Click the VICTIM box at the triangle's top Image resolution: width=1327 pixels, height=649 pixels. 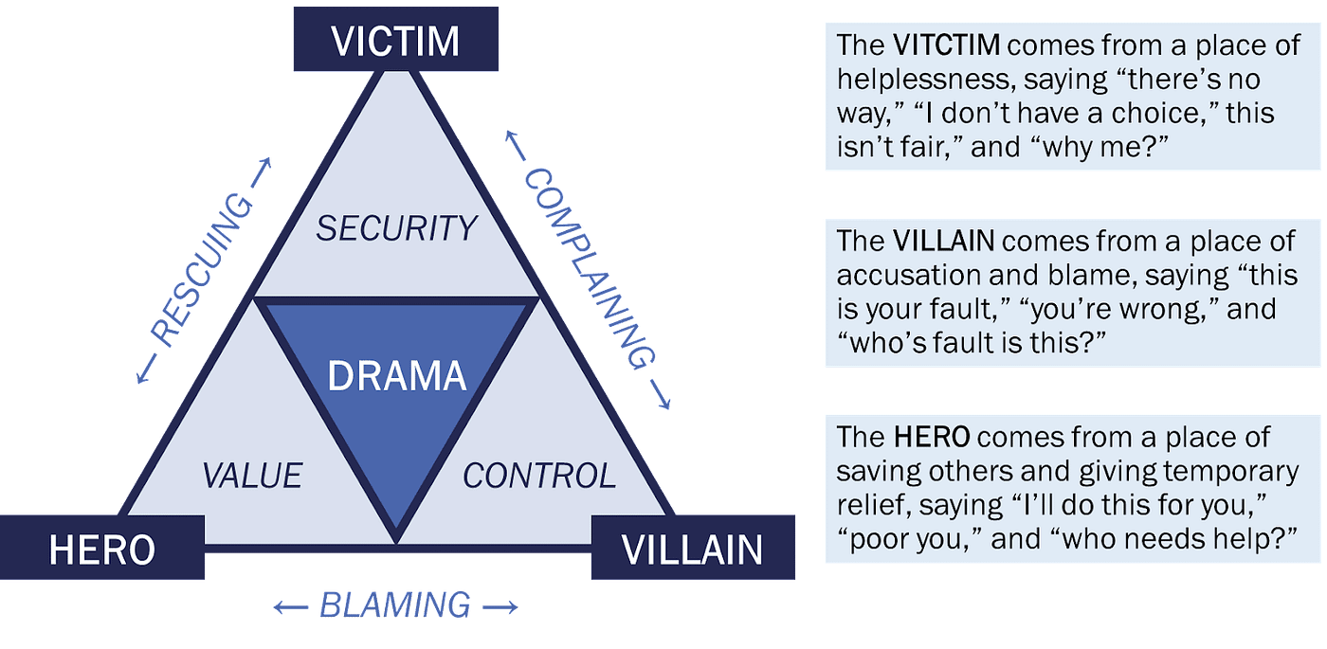[x=395, y=41]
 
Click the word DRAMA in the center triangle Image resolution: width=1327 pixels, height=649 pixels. [x=397, y=377]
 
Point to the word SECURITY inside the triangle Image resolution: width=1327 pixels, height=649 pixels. [x=396, y=228]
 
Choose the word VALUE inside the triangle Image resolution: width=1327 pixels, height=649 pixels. [x=252, y=475]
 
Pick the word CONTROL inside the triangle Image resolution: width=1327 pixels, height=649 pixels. [x=539, y=475]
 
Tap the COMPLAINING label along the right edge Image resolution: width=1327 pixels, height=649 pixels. [x=589, y=269]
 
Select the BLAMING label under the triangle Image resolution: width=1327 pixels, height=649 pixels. [x=394, y=604]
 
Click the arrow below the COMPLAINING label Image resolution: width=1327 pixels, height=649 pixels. [x=661, y=396]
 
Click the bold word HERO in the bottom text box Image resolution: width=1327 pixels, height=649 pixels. [x=932, y=437]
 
